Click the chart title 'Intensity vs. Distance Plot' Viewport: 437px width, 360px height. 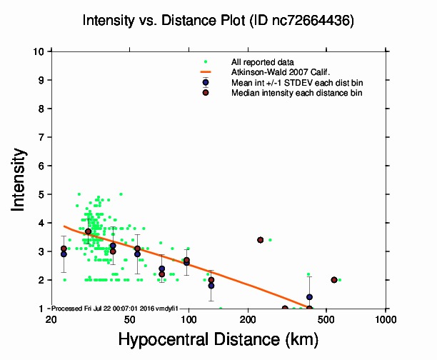pos(164,21)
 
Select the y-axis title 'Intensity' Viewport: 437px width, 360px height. pos(21,179)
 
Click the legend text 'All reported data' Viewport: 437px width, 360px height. pos(263,63)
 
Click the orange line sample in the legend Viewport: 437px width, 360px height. pos(206,72)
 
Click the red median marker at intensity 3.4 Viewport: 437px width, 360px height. pos(261,240)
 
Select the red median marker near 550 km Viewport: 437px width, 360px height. pos(333,280)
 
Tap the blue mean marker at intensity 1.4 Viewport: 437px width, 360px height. pos(309,297)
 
